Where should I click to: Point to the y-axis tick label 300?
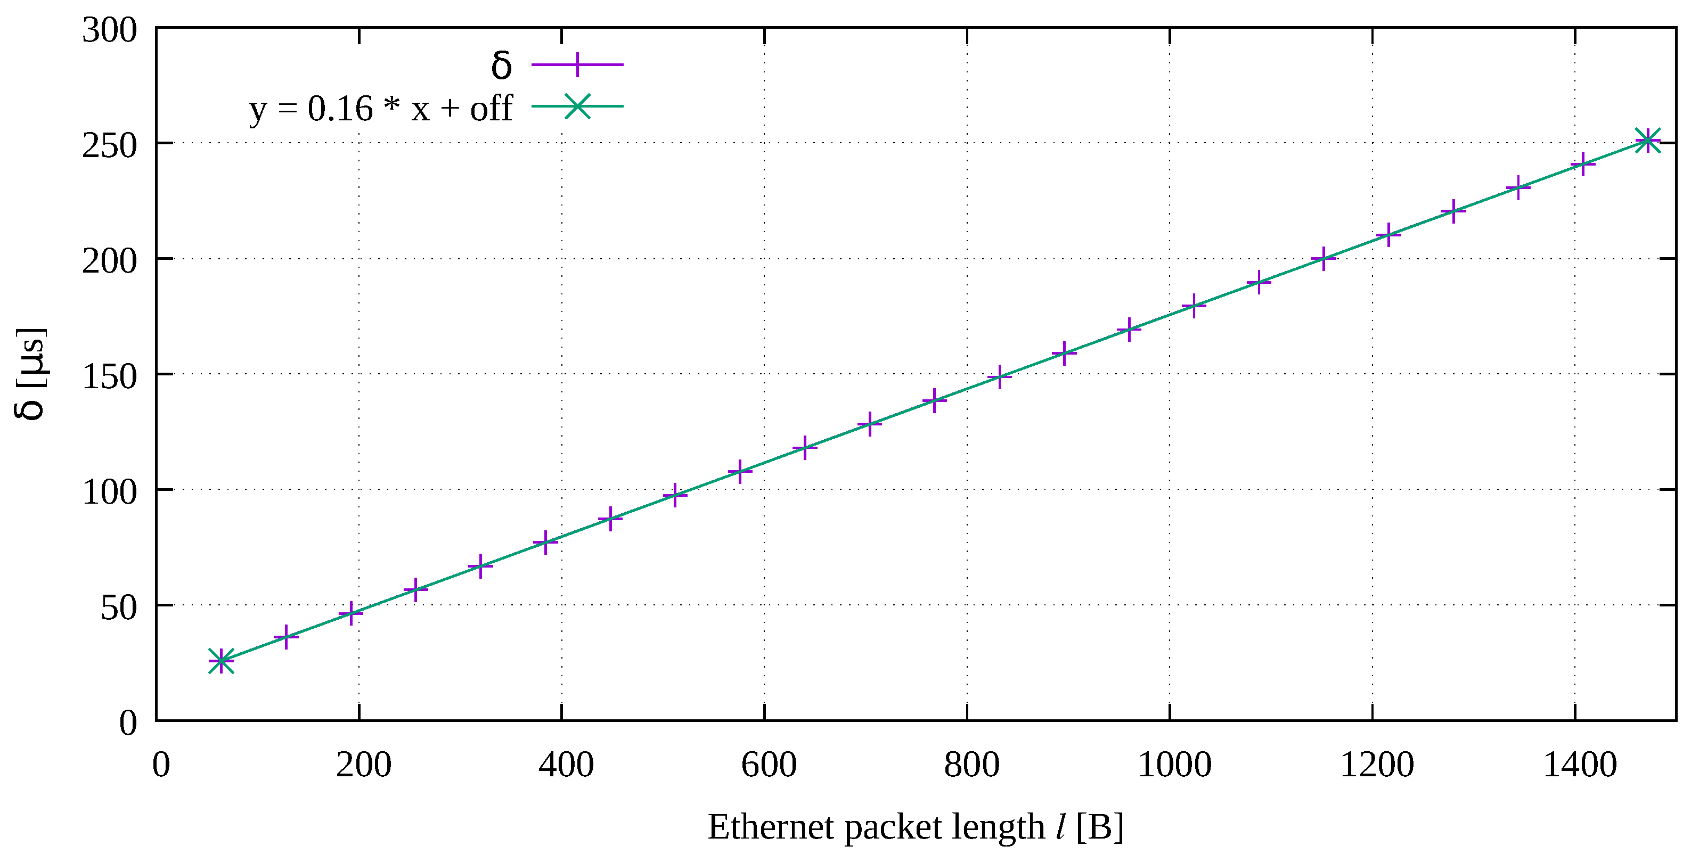109,30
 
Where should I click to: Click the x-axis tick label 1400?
1579,766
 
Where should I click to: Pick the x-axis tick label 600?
769,766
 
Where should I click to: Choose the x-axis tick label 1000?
1174,766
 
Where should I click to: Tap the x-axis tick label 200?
364,766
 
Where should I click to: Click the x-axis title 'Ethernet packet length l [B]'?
915,827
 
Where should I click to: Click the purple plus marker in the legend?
577,65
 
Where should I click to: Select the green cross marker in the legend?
577,106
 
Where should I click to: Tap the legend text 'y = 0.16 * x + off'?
380,108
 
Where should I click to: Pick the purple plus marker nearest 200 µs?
1324,259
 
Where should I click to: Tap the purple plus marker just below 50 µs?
351,614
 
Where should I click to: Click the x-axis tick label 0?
161,766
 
